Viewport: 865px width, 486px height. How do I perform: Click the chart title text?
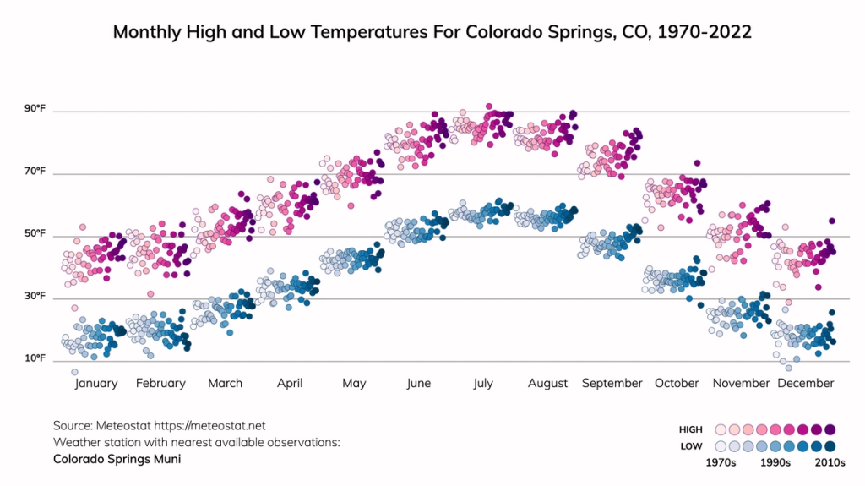432,32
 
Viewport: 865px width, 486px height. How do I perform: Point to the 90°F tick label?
35,109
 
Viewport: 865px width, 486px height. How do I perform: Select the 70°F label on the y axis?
35,172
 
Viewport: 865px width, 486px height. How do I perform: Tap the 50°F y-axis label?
35,234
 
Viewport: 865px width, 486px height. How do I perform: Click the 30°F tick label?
35,297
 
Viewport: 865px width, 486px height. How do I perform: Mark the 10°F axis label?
35,359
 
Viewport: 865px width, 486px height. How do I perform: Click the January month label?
96,383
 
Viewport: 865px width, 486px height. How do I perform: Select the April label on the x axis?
290,383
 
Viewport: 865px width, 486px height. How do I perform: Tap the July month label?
482,383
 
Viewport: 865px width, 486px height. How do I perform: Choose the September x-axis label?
612,383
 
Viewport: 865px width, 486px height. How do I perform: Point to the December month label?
805,383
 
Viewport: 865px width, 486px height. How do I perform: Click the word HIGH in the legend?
690,430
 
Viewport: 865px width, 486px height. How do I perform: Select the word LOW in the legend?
690,446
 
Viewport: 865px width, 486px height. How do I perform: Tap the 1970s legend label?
722,462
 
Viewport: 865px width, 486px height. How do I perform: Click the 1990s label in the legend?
775,462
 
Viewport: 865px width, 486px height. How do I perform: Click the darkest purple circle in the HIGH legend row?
830,430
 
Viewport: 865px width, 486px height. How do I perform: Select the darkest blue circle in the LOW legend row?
830,446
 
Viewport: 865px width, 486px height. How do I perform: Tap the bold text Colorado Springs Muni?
117,459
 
